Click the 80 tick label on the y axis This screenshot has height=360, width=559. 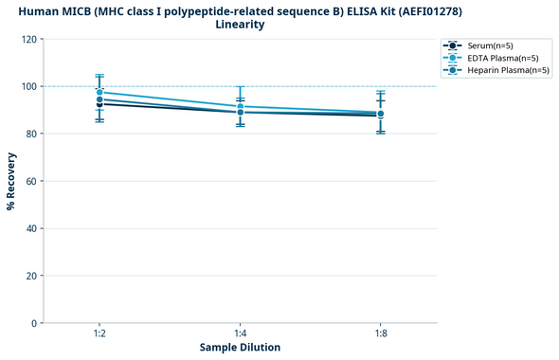click(32, 134)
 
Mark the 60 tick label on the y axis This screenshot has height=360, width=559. click(32, 181)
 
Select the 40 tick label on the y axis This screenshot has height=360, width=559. click(32, 228)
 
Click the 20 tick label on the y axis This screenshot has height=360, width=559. click(32, 276)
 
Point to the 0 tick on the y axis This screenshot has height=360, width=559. click(35, 323)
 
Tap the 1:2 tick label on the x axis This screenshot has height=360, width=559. click(99, 334)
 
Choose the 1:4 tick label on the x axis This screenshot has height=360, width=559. click(240, 334)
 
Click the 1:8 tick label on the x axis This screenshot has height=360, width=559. click(380, 334)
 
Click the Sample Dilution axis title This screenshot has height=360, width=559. click(240, 348)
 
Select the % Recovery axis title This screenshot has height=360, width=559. click(11, 181)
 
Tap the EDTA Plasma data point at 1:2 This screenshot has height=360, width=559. click(99, 92)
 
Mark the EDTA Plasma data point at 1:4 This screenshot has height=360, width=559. click(240, 106)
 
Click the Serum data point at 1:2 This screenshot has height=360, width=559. click(99, 103)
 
